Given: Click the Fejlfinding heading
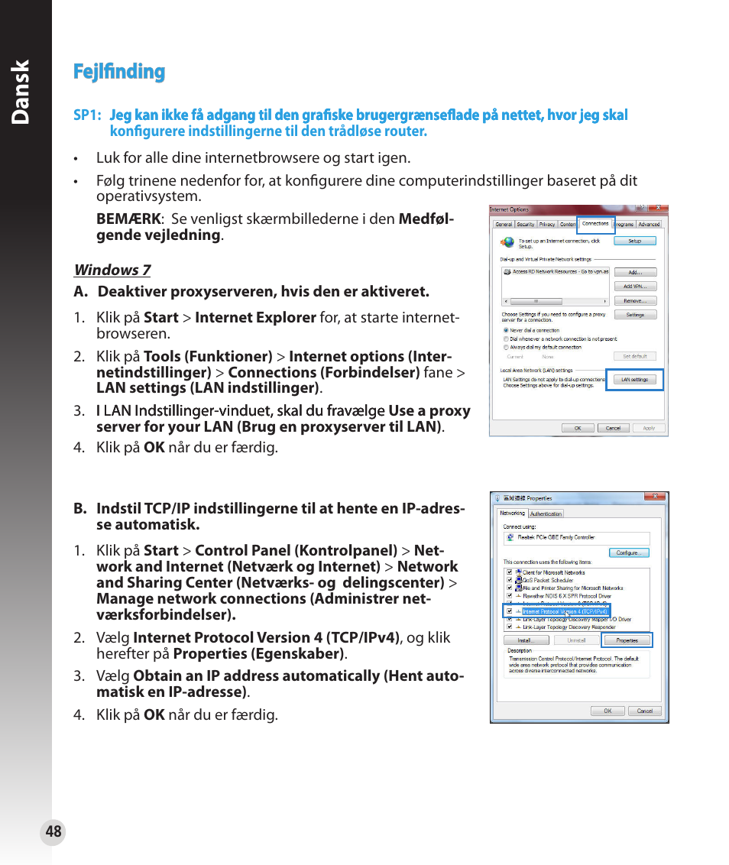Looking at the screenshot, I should [x=119, y=72].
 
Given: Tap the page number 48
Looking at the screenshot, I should [x=53, y=832].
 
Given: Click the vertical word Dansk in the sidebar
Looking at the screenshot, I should [x=21, y=92].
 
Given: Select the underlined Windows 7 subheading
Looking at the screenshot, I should [x=112, y=270].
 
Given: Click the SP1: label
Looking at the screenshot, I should [x=87, y=115].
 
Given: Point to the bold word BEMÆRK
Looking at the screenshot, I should [x=128, y=219].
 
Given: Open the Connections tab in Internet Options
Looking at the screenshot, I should [x=595, y=224].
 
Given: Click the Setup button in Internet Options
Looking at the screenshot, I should [x=634, y=241].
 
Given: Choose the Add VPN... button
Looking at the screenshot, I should [x=634, y=287].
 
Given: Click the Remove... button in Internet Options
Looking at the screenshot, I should [x=634, y=301].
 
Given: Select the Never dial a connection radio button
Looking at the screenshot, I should [x=506, y=330].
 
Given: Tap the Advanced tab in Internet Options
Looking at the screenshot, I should [x=649, y=225].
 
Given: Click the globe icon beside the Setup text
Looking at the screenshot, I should [x=507, y=242].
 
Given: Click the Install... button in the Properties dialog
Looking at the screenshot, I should [x=523, y=640].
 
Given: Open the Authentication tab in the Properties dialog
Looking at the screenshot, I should [x=546, y=514].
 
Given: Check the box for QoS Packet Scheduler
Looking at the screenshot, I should [x=507, y=580].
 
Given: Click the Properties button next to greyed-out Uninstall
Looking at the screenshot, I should [x=627, y=640].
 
